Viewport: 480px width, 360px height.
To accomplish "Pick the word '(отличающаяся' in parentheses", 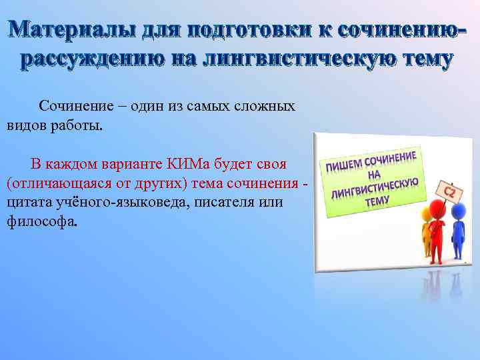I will coord(49,183).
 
